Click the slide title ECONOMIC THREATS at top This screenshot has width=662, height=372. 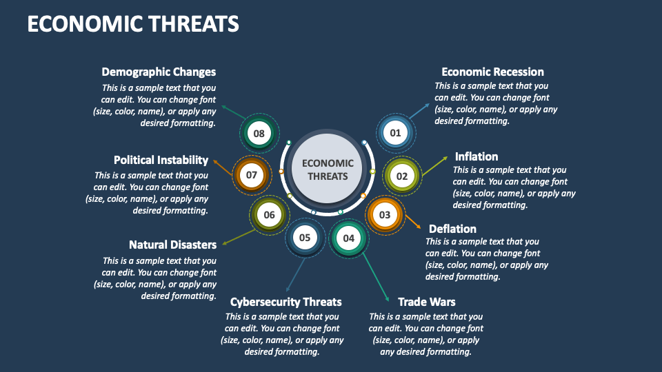click(133, 24)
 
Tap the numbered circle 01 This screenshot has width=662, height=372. click(395, 132)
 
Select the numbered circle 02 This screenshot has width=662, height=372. click(402, 176)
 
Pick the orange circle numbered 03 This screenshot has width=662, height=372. click(385, 215)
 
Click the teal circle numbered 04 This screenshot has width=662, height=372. click(349, 238)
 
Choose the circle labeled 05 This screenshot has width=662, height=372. click(305, 238)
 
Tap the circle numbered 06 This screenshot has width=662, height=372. click(269, 215)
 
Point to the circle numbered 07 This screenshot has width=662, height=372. click(252, 175)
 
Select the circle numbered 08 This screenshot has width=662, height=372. click(259, 134)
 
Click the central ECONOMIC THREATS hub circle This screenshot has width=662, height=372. click(328, 169)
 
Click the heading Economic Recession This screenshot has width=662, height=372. click(492, 72)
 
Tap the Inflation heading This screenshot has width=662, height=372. click(476, 156)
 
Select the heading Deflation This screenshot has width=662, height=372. click(452, 229)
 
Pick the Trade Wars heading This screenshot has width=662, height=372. click(426, 302)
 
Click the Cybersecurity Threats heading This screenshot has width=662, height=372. click(285, 302)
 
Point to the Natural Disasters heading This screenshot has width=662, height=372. click(172, 245)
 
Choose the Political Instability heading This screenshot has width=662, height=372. click(161, 160)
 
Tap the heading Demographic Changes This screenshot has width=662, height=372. click(159, 72)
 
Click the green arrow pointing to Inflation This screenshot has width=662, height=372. click(434, 165)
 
